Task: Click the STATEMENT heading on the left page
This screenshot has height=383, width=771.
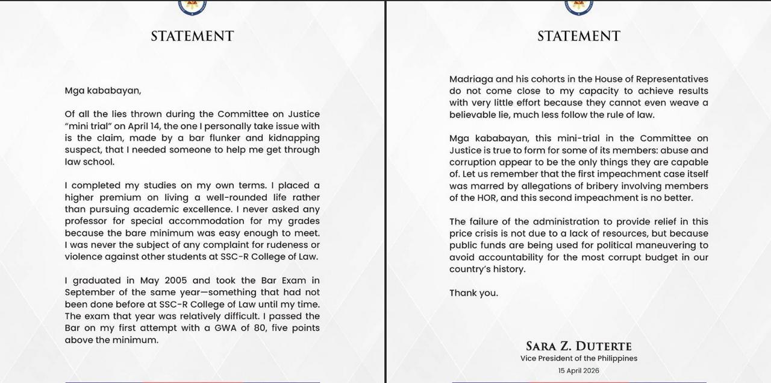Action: (192, 36)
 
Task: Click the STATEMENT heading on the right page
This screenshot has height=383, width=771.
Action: (579, 36)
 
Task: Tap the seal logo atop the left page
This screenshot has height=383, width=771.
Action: (193, 6)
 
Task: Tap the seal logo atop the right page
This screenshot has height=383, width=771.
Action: (579, 6)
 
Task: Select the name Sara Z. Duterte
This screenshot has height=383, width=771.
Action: (579, 346)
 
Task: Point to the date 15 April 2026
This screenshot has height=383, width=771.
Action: (579, 370)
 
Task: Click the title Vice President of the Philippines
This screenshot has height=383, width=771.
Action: (579, 358)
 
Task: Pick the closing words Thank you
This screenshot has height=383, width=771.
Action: (473, 293)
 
